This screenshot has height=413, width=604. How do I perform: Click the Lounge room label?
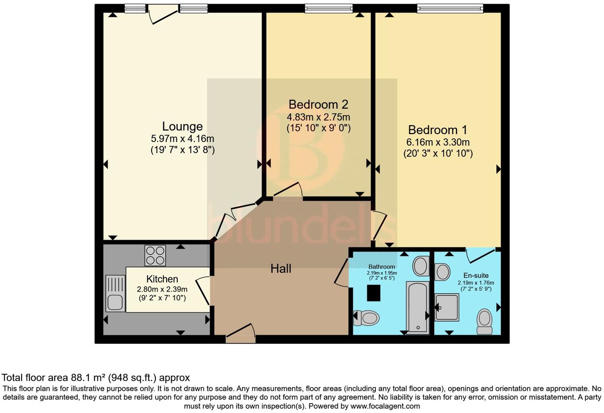(x=182, y=127)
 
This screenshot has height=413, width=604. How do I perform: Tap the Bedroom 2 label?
(x=318, y=105)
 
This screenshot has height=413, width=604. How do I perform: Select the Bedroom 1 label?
(x=438, y=130)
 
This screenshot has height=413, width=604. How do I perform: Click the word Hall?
(x=281, y=269)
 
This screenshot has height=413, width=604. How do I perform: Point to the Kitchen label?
(x=162, y=279)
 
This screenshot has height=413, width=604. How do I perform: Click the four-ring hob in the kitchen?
(x=155, y=255)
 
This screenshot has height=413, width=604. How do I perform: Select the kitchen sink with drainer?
(x=115, y=294)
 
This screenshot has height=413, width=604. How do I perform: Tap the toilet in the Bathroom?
(x=367, y=318)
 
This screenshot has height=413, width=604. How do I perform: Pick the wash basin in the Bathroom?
(x=421, y=266)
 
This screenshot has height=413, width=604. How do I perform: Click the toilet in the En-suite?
(x=484, y=321)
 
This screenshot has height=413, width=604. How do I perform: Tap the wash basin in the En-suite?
(x=442, y=272)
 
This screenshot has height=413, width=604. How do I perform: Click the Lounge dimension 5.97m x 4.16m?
(x=182, y=139)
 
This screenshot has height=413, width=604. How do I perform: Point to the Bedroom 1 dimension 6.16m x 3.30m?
(x=438, y=142)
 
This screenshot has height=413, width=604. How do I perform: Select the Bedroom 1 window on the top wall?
(x=450, y=8)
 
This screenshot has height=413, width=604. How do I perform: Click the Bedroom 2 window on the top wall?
(x=329, y=8)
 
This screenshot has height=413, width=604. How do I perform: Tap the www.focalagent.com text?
(x=385, y=406)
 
